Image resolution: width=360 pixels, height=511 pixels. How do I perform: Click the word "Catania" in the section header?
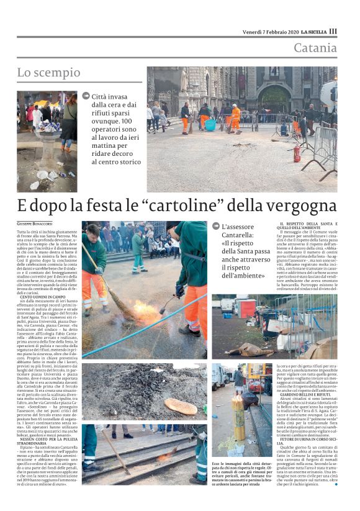(x=315, y=48)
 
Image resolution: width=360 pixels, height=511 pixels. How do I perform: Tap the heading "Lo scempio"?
(x=48, y=73)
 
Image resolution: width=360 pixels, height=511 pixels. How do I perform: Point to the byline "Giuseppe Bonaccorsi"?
(x=39, y=222)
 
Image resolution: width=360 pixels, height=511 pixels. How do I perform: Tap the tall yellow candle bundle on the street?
(x=237, y=428)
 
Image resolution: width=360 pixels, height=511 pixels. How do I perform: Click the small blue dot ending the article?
(x=336, y=484)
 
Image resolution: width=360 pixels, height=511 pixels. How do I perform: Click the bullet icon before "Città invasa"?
(x=86, y=96)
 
